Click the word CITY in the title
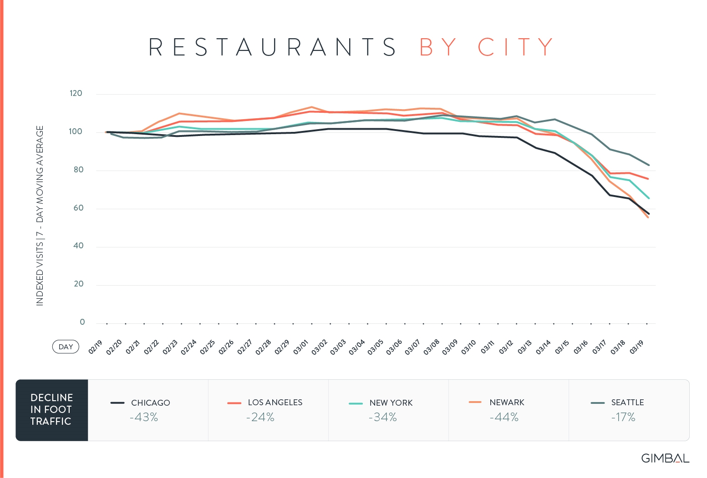tap(515, 47)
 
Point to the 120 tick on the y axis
tap(76, 94)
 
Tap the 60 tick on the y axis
tap(78, 208)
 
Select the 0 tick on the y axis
tap(82, 322)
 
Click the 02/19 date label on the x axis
tap(96, 347)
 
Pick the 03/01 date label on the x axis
tap(301, 347)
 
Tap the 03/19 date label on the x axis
tap(637, 347)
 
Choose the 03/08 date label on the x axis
tap(432, 347)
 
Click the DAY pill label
tap(66, 347)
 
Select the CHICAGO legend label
tap(150, 403)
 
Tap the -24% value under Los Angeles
tap(260, 418)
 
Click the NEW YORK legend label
tap(391, 403)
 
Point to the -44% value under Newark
tap(504, 418)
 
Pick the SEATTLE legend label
tap(627, 403)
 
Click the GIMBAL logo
tap(665, 458)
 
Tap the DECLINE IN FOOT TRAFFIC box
tap(51, 410)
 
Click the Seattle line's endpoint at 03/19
tap(648, 165)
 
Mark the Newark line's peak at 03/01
tap(311, 107)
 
